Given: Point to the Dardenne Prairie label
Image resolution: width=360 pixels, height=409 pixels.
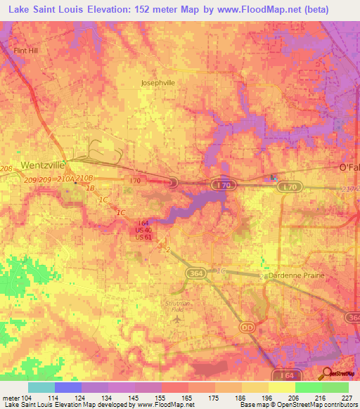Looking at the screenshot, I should pos(297,275).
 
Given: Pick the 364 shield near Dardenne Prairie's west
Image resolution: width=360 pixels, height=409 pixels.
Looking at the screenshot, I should pos(195,273).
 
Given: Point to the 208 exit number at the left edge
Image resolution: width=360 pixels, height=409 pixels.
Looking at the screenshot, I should pos(6,169).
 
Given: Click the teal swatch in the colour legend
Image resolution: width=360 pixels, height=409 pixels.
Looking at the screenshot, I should pos(41,387).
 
